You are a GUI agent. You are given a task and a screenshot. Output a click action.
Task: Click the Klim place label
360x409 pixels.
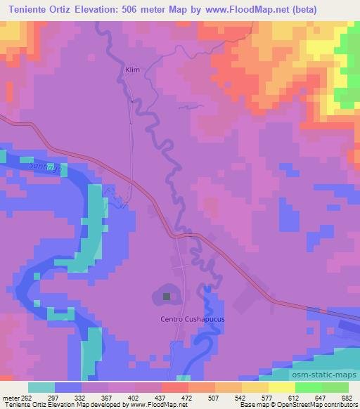[x=132, y=71]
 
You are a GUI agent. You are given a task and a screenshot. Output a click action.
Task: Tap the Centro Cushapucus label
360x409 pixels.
[x=184, y=319]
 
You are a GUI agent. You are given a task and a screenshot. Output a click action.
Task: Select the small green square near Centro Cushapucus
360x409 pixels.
[x=167, y=297]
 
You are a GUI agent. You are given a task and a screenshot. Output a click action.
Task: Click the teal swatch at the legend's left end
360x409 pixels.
[x=41, y=387]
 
